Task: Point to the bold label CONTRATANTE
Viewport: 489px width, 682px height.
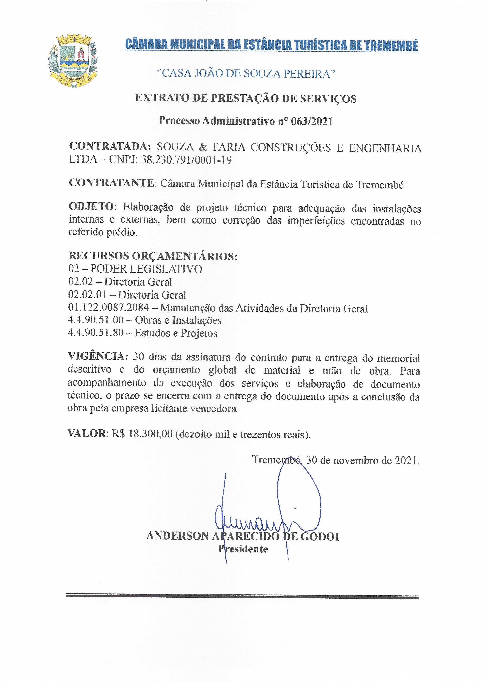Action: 111,183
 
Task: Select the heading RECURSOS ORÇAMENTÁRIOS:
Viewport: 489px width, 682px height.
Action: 153,256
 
